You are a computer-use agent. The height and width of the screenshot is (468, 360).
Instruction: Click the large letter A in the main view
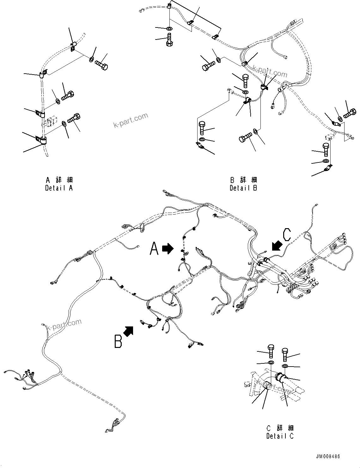point(154,249)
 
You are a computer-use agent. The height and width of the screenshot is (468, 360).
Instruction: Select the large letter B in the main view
point(118,342)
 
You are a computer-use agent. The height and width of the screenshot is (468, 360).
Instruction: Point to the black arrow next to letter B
point(128,331)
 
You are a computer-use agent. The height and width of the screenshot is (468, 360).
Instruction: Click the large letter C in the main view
point(287,235)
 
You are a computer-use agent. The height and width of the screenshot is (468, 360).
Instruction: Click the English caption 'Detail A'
point(59,188)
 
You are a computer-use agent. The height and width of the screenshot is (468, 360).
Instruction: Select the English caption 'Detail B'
point(243,188)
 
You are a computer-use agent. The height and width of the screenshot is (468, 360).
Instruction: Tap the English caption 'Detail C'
point(280,436)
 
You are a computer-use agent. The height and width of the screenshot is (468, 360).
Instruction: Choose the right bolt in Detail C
point(285,354)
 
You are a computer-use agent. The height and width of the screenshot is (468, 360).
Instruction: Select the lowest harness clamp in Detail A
point(41,140)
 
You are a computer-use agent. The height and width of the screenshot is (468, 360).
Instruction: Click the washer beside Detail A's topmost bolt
point(91,59)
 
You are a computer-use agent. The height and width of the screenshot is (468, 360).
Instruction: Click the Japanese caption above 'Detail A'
point(59,180)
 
